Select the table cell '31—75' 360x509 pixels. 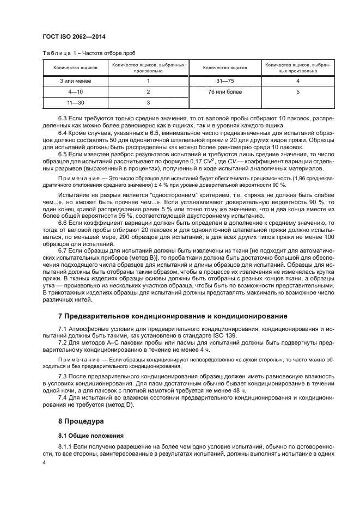point(224,81)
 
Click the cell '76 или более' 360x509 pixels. point(224,91)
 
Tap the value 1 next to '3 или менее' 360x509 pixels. point(148,81)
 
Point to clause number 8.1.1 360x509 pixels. point(65,446)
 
